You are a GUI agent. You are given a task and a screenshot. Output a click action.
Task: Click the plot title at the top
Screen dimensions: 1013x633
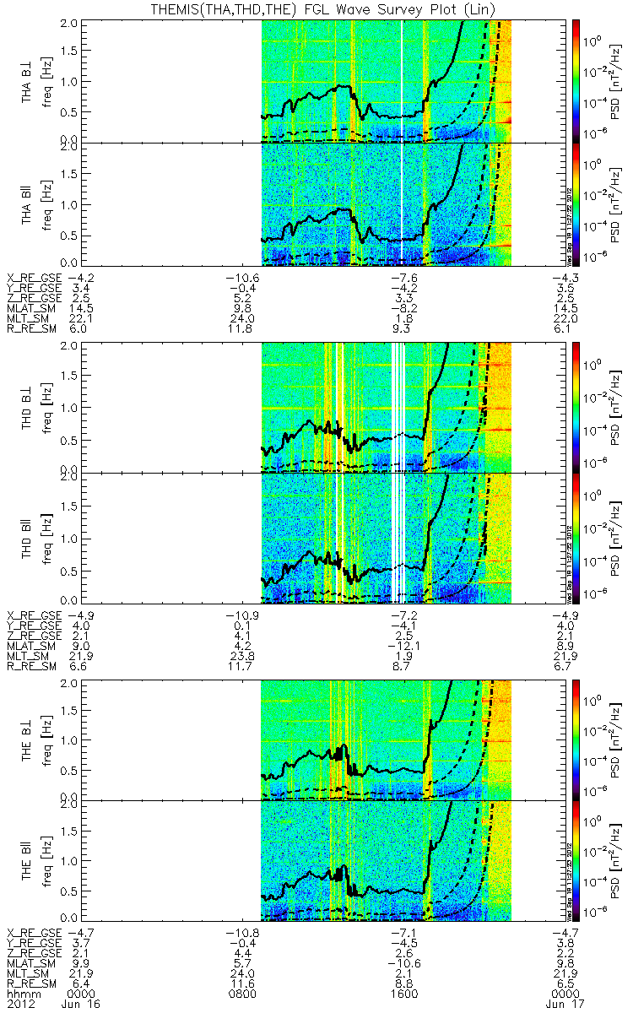point(316,8)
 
